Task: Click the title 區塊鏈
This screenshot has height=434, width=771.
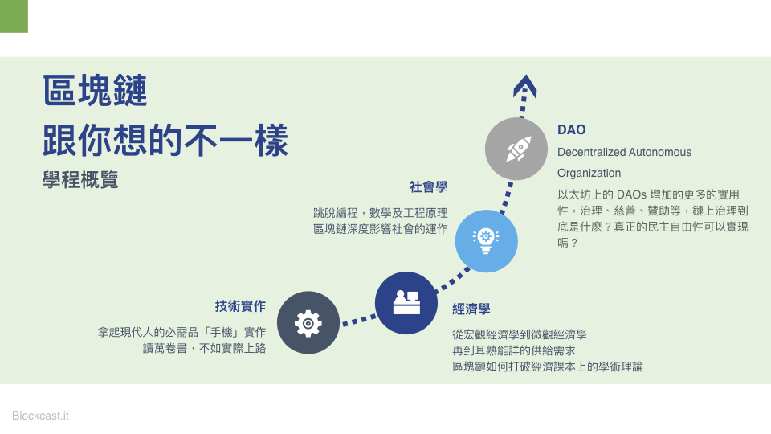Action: (95, 90)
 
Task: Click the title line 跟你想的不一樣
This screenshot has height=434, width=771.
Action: (165, 140)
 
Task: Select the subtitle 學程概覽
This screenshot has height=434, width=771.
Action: (80, 179)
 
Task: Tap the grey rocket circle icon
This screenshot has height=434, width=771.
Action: (516, 149)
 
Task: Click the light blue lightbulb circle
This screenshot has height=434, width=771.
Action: (487, 241)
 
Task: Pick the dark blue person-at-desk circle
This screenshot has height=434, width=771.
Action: (406, 303)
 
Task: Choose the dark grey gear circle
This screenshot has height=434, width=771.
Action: (308, 323)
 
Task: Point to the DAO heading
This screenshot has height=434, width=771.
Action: (571, 130)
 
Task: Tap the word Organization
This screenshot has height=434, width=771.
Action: (589, 174)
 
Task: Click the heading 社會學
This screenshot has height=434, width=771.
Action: (428, 187)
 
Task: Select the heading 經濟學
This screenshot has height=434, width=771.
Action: (471, 309)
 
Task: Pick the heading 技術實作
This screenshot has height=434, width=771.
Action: (240, 306)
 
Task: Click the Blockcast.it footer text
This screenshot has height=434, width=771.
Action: (40, 416)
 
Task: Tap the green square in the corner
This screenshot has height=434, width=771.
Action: (14, 16)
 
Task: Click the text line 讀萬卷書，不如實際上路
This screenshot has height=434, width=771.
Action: (204, 348)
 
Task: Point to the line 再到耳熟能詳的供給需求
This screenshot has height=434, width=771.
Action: (514, 350)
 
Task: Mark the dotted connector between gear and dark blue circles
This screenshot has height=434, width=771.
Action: (358, 321)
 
